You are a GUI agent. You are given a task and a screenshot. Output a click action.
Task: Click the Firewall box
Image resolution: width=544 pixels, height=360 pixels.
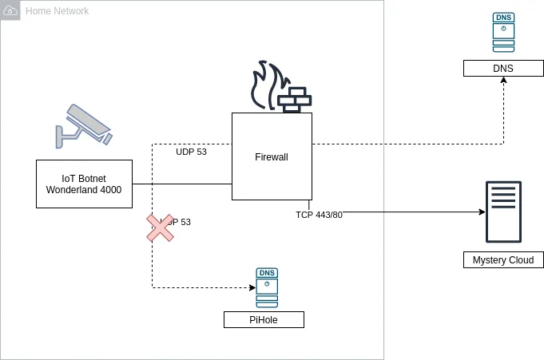[x=272, y=156]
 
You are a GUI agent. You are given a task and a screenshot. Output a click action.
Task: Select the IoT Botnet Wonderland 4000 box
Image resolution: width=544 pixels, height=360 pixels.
[x=84, y=184]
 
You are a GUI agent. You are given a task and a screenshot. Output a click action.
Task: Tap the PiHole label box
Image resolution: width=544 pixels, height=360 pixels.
[x=264, y=320]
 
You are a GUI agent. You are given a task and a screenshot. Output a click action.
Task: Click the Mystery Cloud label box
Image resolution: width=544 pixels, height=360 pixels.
[x=503, y=260]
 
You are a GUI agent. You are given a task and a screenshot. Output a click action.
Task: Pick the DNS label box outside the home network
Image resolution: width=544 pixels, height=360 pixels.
[x=503, y=69]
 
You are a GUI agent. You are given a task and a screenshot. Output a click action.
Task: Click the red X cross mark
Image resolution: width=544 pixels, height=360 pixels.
[x=160, y=227]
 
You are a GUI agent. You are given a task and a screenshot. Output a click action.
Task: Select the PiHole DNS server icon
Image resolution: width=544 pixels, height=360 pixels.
[x=267, y=287]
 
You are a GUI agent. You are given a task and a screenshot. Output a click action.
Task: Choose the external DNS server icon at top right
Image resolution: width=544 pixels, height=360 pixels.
[x=503, y=33]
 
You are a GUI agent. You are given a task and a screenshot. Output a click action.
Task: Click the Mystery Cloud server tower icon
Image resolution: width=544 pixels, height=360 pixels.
[x=503, y=212]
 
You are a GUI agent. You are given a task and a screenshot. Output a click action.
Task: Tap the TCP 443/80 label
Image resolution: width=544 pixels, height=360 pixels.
[x=319, y=215]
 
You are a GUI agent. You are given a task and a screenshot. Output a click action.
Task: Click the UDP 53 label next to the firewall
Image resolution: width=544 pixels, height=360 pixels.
[x=191, y=152]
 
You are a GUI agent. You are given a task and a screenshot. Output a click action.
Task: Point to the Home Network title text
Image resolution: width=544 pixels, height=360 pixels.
[x=58, y=11]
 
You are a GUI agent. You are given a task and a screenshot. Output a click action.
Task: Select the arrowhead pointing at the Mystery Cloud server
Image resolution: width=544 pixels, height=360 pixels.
[x=482, y=212]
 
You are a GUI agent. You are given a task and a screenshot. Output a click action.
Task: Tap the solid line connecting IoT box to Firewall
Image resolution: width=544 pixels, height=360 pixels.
[x=182, y=184]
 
